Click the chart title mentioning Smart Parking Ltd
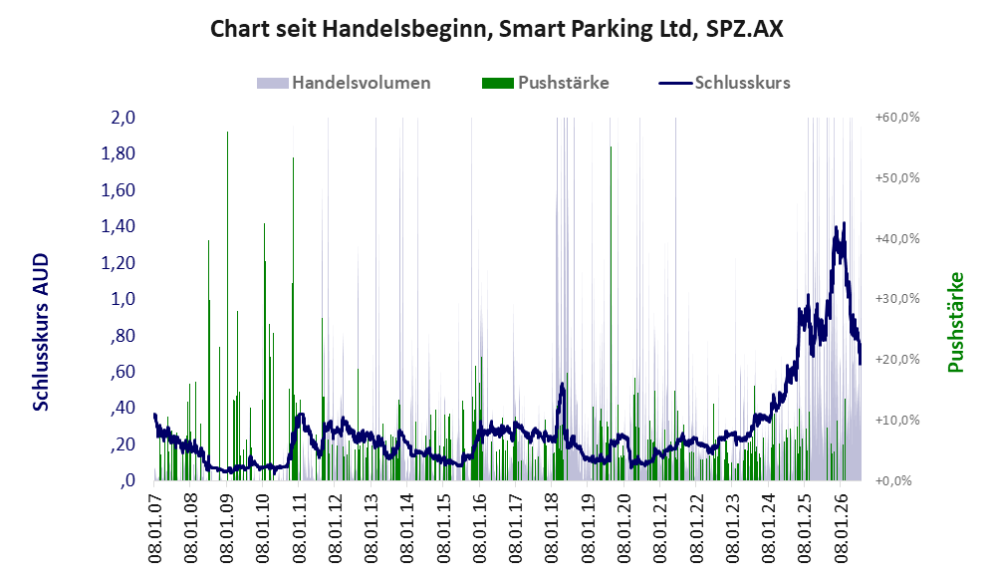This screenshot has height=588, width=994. (x=496, y=29)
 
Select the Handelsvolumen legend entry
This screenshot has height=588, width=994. (x=344, y=83)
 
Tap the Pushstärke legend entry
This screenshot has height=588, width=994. (x=545, y=83)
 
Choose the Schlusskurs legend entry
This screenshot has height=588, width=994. (x=724, y=83)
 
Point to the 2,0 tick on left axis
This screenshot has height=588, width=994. (x=123, y=118)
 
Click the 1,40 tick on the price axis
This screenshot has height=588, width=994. (x=118, y=226)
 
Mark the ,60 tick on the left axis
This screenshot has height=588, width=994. (x=123, y=371)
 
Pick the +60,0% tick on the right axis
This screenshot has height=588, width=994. (x=897, y=118)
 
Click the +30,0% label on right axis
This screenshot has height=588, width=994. (x=897, y=299)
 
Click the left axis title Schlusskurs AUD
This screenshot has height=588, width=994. (x=41, y=332)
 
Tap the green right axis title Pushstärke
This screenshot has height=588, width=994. (x=955, y=322)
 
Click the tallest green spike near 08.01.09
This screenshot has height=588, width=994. (x=227, y=305)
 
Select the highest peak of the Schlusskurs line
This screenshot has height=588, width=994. (x=844, y=223)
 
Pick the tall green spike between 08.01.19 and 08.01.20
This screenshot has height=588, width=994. (x=611, y=313)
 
